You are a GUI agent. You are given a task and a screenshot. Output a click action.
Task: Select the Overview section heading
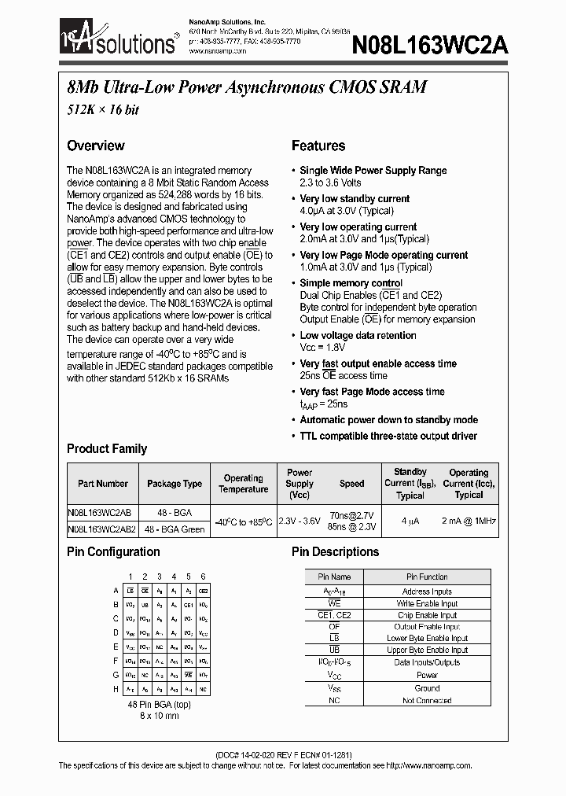click(95, 146)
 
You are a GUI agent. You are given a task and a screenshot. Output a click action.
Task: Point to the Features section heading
click(318, 146)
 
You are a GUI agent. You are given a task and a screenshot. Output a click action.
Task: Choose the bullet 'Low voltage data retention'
click(358, 336)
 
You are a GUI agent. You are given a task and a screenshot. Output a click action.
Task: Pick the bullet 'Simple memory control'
click(351, 283)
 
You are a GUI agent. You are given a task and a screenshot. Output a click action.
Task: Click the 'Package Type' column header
click(175, 485)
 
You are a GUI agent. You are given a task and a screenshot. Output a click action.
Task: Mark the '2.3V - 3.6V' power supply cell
click(300, 521)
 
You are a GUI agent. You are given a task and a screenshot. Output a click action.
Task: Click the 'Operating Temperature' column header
click(243, 484)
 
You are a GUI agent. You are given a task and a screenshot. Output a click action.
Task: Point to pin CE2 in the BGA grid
click(203, 591)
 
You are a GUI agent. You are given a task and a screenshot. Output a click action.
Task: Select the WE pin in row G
click(189, 675)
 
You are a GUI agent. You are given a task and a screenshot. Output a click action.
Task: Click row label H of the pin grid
click(116, 689)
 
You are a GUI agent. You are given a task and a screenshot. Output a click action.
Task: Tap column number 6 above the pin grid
click(203, 577)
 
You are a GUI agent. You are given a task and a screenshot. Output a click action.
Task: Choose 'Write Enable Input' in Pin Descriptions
click(427, 603)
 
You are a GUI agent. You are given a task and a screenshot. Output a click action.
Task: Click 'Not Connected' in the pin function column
click(427, 700)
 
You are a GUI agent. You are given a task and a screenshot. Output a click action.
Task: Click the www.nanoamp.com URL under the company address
click(218, 50)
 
